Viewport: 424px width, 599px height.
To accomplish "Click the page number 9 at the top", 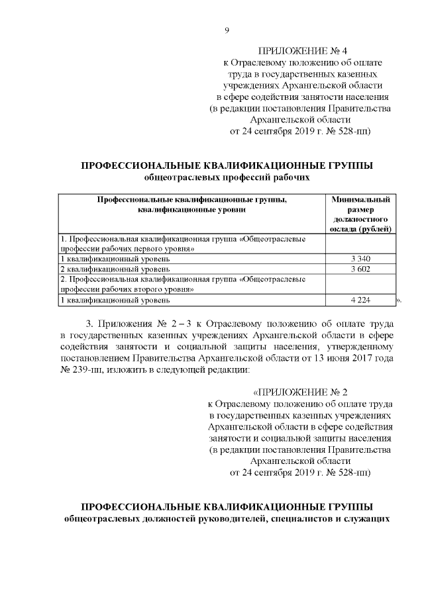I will [x=227, y=30].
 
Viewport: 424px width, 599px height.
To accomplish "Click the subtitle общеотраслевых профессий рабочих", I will [x=227, y=177].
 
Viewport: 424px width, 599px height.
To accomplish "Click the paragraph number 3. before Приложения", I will [x=91, y=324].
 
